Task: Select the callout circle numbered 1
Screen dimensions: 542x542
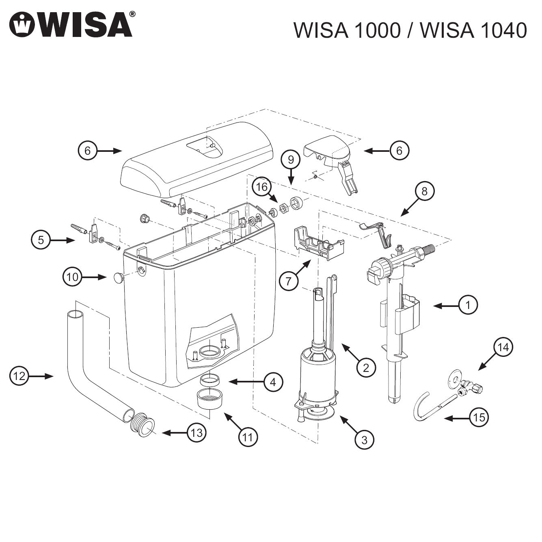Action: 468,304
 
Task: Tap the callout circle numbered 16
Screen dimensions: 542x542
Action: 262,187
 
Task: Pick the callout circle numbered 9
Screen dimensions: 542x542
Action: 291,160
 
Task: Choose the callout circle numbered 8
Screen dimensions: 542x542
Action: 425,191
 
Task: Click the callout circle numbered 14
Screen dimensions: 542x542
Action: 503,348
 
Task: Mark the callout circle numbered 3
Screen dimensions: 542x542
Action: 364,440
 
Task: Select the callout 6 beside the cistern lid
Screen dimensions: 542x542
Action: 88,151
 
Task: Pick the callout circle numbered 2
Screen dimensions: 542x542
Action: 366,368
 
